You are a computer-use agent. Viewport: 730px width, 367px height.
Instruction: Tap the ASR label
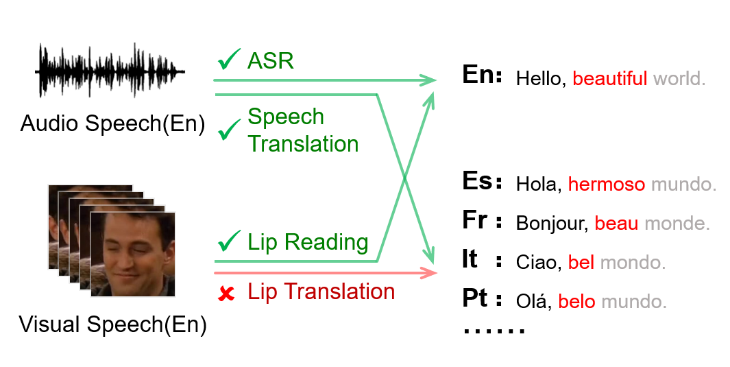tap(270, 61)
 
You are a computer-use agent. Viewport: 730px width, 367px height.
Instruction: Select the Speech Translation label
tap(303, 130)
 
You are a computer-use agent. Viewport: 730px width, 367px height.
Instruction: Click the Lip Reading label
tap(308, 241)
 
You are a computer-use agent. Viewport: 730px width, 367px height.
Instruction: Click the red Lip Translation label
tap(321, 292)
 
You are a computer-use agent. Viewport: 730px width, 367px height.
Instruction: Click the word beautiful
tap(609, 78)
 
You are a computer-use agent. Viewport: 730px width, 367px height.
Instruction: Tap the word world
tap(679, 78)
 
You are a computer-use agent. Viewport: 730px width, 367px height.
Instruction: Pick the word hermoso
tap(607, 185)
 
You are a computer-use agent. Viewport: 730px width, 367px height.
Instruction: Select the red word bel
tap(581, 263)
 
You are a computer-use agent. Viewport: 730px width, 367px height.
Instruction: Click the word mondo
tap(632, 263)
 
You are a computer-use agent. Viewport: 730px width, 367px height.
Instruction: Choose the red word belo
tap(576, 302)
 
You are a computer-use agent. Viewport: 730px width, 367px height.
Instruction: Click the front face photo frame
tap(133, 254)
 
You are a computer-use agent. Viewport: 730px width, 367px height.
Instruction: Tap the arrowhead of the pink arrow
tap(431, 273)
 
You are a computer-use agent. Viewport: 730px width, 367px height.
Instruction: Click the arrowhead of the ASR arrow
tap(430, 80)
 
